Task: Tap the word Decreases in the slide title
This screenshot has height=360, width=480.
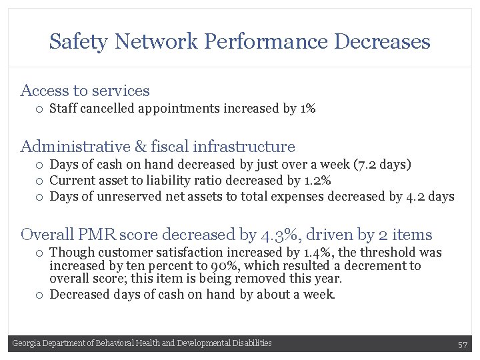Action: point(382,42)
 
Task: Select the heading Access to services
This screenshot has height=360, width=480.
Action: point(85,91)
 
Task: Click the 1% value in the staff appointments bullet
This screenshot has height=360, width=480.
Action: point(308,108)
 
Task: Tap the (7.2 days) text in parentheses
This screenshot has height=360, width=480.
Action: point(383,164)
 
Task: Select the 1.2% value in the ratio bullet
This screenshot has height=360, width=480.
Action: point(317,180)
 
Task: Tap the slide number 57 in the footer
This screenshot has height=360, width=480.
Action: point(463,344)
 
